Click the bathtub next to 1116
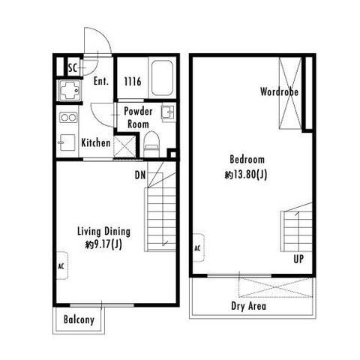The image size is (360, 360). click(x=162, y=77)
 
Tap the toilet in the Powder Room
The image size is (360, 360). click(x=151, y=144)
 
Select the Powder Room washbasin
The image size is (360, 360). click(x=167, y=112)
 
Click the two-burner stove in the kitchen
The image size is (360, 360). click(x=68, y=117)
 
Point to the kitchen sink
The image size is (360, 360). click(x=67, y=142)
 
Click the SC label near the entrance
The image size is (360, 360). click(x=73, y=67)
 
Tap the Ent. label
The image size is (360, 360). click(x=101, y=81)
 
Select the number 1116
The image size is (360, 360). click(x=133, y=82)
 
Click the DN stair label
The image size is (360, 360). click(x=140, y=175)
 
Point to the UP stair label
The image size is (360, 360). click(x=298, y=259)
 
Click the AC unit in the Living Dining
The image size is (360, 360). click(x=62, y=265)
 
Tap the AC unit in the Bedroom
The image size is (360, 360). click(x=199, y=248)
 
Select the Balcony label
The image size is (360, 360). click(x=79, y=319)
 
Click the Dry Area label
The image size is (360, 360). click(x=248, y=306)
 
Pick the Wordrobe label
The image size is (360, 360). click(x=279, y=91)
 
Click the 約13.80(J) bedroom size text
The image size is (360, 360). click(x=246, y=175)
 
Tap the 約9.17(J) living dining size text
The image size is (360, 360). click(x=103, y=244)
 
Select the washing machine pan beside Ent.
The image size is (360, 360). click(x=70, y=90)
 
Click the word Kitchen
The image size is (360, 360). click(x=96, y=142)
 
